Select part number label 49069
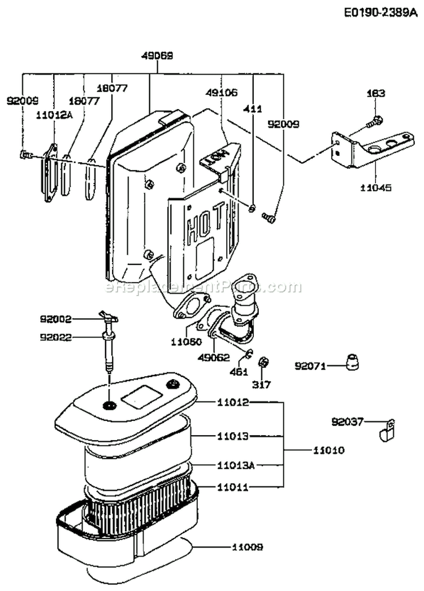(x=157, y=56)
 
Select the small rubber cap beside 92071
(x=352, y=363)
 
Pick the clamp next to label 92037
(x=387, y=431)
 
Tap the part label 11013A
(x=236, y=465)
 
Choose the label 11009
(x=247, y=547)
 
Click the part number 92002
(x=56, y=319)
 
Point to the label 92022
(x=56, y=338)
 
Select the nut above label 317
(x=262, y=363)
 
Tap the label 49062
(x=214, y=357)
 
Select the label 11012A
(x=55, y=115)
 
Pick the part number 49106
(x=222, y=92)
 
